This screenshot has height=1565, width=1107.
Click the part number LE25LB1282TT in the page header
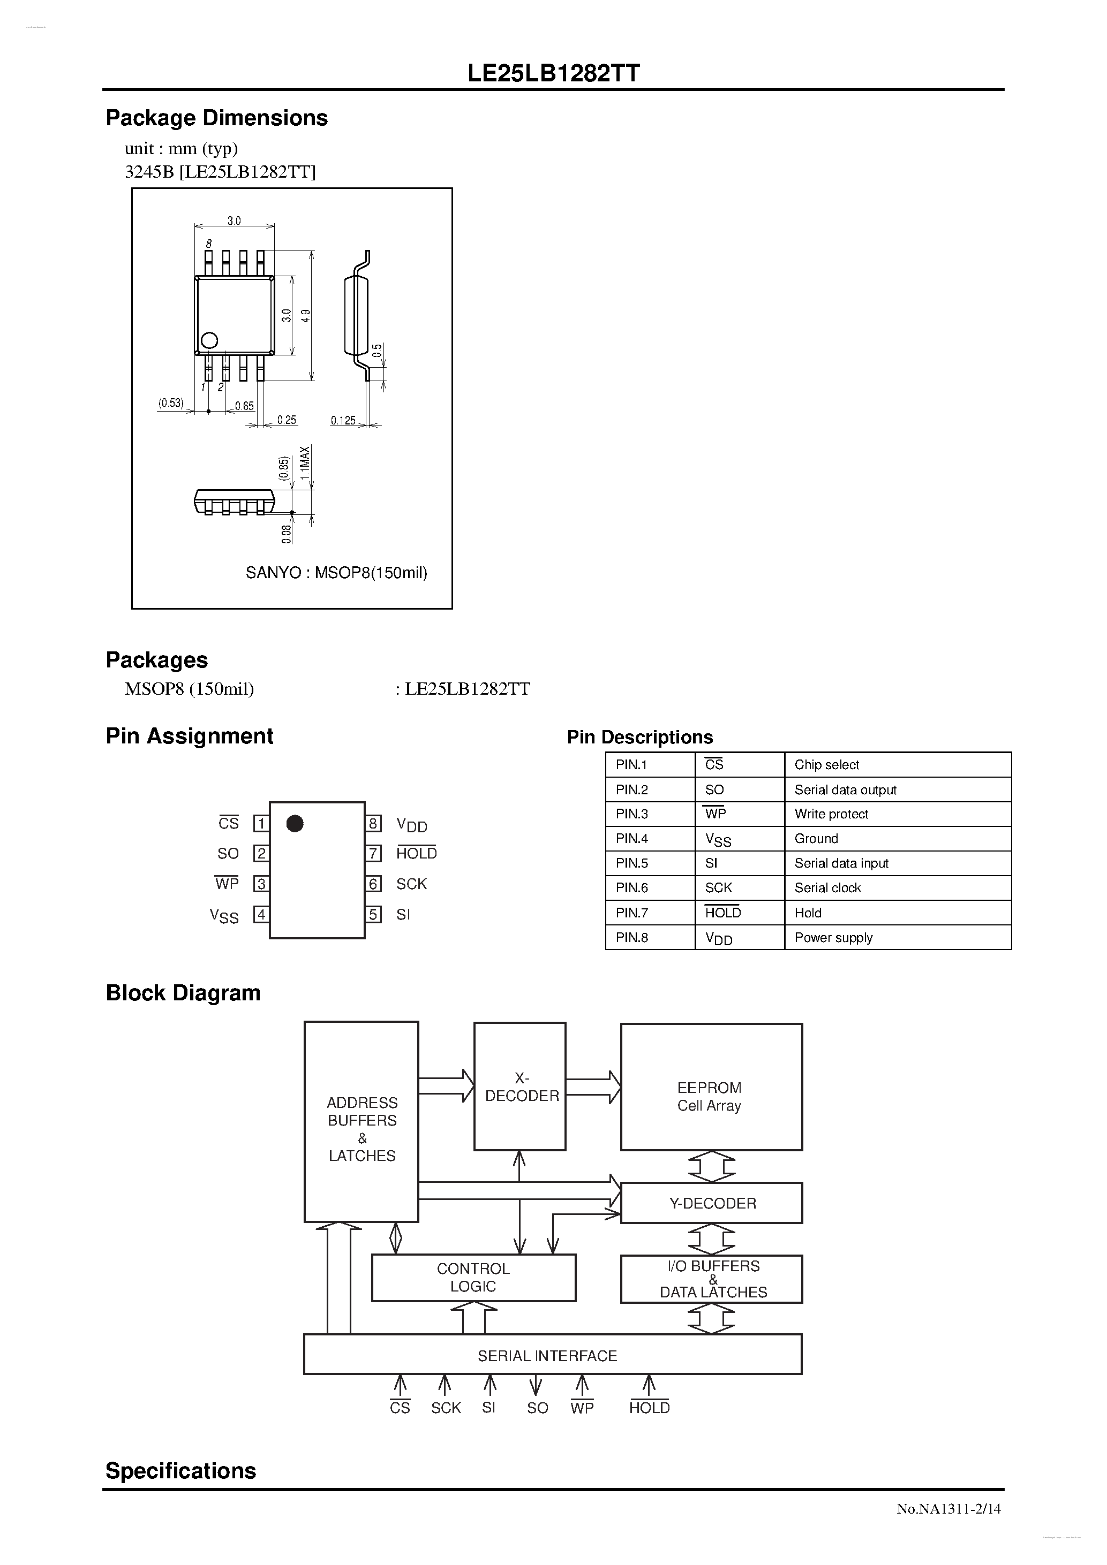click(x=553, y=73)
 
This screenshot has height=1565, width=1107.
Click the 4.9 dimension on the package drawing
click(x=306, y=316)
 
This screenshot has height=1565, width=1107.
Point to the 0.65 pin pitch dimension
click(x=244, y=406)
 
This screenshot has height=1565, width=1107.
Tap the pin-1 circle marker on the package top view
click(x=209, y=340)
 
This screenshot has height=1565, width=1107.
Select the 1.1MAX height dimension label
click(x=305, y=464)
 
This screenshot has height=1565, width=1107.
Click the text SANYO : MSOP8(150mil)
click(x=336, y=573)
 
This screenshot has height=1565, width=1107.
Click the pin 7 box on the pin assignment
click(x=373, y=853)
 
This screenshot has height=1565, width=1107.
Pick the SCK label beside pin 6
click(x=411, y=884)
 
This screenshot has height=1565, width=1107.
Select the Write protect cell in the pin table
click(x=831, y=814)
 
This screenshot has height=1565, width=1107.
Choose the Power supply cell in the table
click(x=833, y=937)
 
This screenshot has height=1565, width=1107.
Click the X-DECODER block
click(x=521, y=1087)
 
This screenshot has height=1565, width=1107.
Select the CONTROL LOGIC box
click(x=473, y=1278)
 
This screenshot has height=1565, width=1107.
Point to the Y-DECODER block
click(x=711, y=1203)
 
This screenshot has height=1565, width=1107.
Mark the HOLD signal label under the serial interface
click(x=649, y=1408)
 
